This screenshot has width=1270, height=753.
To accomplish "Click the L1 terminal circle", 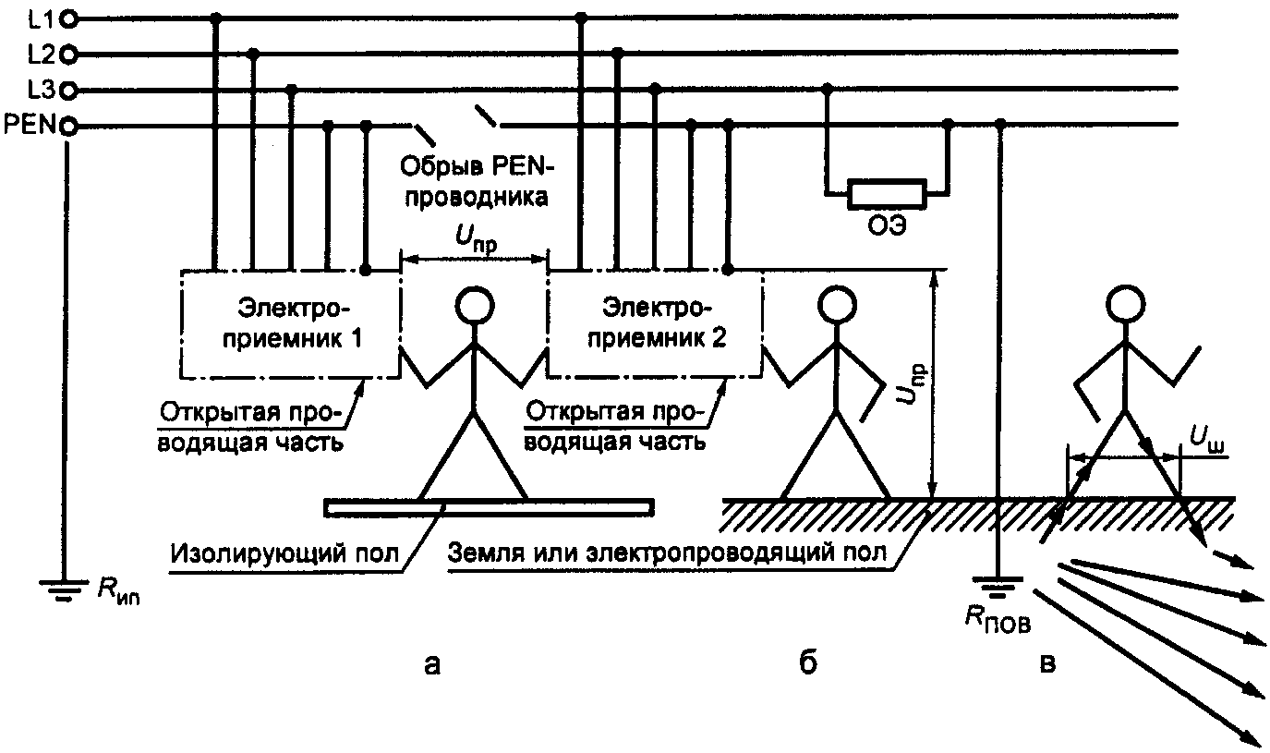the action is pyautogui.click(x=68, y=20).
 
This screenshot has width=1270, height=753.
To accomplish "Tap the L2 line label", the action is pyautogui.click(x=42, y=55).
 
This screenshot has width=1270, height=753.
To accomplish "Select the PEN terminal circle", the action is pyautogui.click(x=68, y=126).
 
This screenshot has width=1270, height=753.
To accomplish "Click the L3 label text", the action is pyautogui.click(x=42, y=91).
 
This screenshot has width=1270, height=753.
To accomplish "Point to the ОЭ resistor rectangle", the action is pyautogui.click(x=887, y=194).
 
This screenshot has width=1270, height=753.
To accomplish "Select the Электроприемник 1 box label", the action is pyautogui.click(x=293, y=323).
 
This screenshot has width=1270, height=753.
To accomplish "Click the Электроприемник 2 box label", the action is pyautogui.click(x=657, y=323).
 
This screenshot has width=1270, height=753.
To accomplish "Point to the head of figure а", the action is pyautogui.click(x=475, y=306).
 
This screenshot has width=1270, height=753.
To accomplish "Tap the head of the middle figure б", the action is pyautogui.click(x=838, y=305).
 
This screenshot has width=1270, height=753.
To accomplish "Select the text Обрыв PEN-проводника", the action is pyautogui.click(x=477, y=182).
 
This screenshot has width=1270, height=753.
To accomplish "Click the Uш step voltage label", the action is pyautogui.click(x=1206, y=442).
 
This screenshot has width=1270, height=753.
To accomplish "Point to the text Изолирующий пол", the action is pyautogui.click(x=284, y=553).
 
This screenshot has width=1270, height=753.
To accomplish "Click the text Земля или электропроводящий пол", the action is pyautogui.click(x=667, y=553).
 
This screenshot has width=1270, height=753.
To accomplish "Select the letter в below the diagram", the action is pyautogui.click(x=1047, y=664).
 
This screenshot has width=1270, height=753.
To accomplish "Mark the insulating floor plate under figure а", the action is pyautogui.click(x=489, y=508).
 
